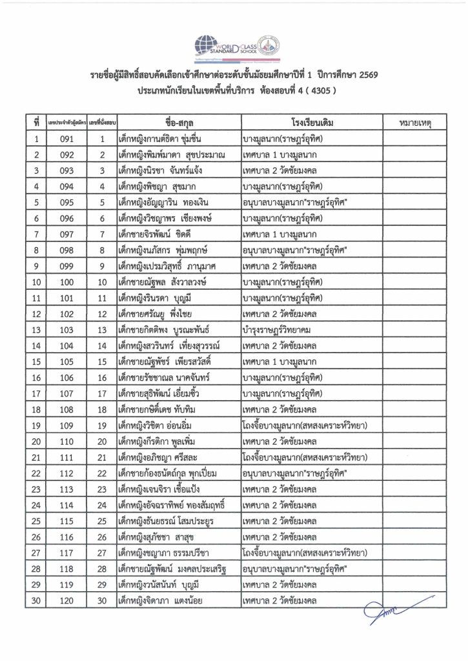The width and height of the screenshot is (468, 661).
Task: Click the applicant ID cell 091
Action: [67, 138]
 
